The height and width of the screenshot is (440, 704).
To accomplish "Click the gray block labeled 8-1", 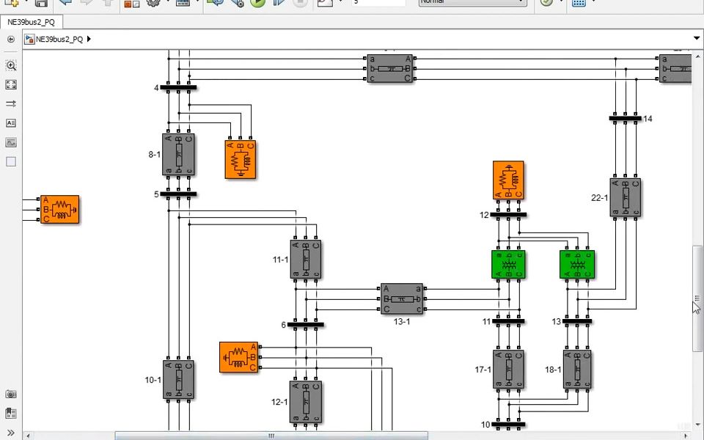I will pyautogui.click(x=178, y=155).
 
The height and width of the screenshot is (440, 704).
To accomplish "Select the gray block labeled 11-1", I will pyautogui.click(x=306, y=260).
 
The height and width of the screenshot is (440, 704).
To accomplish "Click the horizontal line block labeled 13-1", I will pyautogui.click(x=401, y=299).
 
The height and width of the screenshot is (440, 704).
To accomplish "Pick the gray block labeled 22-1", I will pyautogui.click(x=625, y=197).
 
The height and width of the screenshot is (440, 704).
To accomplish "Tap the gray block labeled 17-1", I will pyautogui.click(x=508, y=370).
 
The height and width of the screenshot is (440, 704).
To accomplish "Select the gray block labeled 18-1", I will pyautogui.click(x=577, y=370).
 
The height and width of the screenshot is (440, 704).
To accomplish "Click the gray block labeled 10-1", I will pyautogui.click(x=178, y=380).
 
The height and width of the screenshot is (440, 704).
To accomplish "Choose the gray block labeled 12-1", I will pyautogui.click(x=306, y=402).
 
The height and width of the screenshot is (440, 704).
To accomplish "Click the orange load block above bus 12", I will pyautogui.click(x=508, y=180).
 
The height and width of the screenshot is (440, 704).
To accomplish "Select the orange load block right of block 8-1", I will pyautogui.click(x=241, y=159).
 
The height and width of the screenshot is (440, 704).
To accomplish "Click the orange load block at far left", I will pyautogui.click(x=59, y=210).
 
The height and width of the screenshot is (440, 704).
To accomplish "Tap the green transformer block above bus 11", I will pyautogui.click(x=508, y=265).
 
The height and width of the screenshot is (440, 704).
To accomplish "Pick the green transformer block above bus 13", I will pyautogui.click(x=577, y=265).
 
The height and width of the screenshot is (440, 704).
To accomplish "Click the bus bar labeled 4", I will pyautogui.click(x=178, y=88).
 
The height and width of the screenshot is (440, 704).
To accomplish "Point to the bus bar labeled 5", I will pyautogui.click(x=178, y=194).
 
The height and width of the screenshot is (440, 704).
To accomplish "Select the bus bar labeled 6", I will pyautogui.click(x=306, y=324).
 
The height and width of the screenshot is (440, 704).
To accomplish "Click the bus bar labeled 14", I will pyautogui.click(x=625, y=118).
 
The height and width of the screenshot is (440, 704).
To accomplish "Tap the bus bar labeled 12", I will pyautogui.click(x=508, y=215).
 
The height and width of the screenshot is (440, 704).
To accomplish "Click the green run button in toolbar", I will pyautogui.click(x=257, y=2).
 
